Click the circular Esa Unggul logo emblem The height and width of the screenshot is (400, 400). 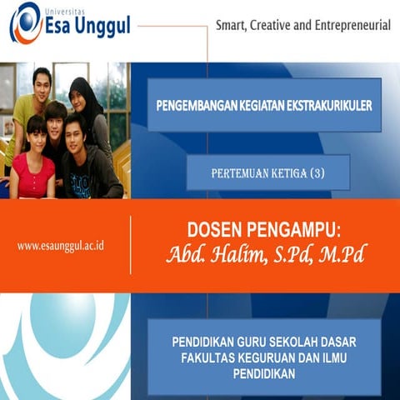pyautogui.click(x=25, y=24)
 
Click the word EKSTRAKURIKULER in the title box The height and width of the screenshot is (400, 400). pyautogui.click(x=326, y=106)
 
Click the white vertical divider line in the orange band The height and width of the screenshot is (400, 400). pyautogui.click(x=131, y=245)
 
